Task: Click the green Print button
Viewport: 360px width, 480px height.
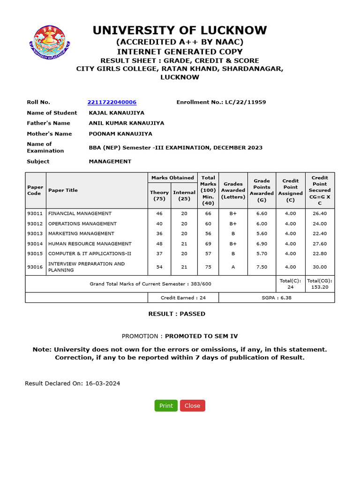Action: point(166,406)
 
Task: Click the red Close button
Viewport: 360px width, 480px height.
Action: point(192,406)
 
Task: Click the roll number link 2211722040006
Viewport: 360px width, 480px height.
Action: point(112,102)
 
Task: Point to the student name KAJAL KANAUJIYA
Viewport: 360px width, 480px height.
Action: point(117,113)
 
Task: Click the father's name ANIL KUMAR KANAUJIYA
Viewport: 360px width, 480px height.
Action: point(127,123)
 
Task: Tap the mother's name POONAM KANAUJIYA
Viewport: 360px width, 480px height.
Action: point(120,134)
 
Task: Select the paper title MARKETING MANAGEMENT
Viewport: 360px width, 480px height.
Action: point(81,233)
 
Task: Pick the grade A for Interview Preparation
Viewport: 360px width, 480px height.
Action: point(233,267)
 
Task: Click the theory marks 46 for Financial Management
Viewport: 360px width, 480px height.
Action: point(159,214)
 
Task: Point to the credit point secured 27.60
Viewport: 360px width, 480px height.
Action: point(320,244)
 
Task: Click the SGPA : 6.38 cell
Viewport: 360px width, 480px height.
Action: point(277,298)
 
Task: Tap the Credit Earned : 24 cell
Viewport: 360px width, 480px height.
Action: point(183,298)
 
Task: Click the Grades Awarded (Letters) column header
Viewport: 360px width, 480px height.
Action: point(233,190)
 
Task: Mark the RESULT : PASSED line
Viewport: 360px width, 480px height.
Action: point(177,314)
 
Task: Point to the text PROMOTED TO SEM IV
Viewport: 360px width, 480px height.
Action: point(198,337)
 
